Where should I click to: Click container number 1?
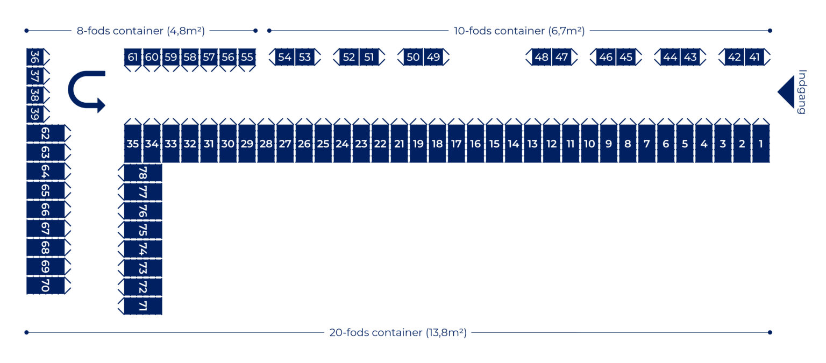coord(760,144)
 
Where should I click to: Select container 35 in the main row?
coord(133,144)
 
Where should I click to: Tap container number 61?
coord(133,57)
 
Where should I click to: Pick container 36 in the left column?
coord(35,57)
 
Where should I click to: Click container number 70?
coord(45,286)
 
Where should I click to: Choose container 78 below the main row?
coord(143,173)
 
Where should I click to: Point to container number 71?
coord(143,306)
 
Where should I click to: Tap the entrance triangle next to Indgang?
coord(787,92)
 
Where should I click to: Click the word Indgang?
coord(802,92)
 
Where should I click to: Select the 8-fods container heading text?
coord(140,31)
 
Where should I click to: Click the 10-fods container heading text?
coord(519,31)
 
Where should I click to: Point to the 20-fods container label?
coord(398,332)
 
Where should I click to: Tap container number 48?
coord(542,57)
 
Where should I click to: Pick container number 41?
coord(754,57)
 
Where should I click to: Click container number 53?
coord(305,57)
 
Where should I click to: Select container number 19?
coord(418,144)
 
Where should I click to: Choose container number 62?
coord(45,134)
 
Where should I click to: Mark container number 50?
coord(413,57)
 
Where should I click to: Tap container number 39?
coord(35,114)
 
